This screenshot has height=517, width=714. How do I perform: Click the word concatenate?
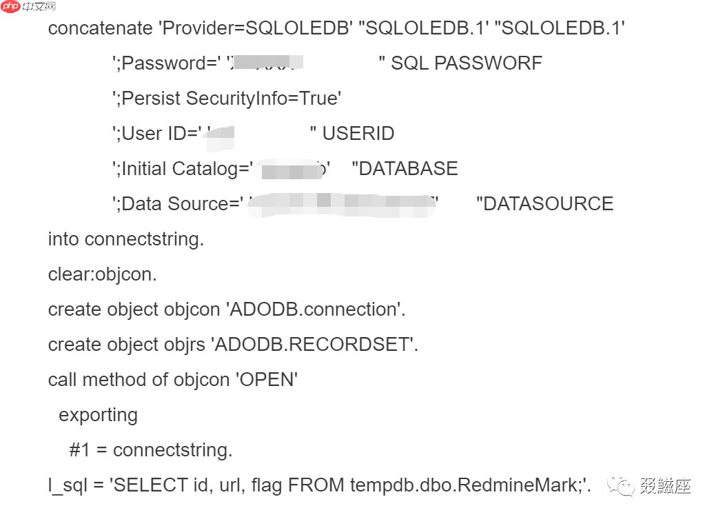100,28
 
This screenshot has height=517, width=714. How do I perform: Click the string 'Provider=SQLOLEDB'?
256,28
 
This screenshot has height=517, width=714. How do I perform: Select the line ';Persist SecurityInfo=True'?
227,99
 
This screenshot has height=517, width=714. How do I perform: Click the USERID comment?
358,134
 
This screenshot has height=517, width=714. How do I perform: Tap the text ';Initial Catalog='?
183,169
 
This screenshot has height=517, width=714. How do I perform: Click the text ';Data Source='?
178,204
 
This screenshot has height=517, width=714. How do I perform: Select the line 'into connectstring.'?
126,239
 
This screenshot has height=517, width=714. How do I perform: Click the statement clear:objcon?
103,274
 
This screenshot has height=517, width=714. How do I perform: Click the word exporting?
98,415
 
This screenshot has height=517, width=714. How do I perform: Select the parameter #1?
80,450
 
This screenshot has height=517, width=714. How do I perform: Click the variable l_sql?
67,485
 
